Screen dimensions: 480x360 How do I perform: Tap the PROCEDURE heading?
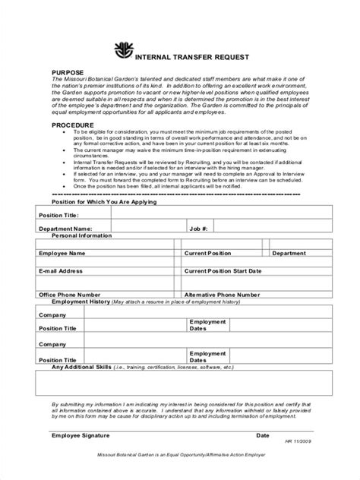tap(72, 125)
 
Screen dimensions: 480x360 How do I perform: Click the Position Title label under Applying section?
tap(58, 215)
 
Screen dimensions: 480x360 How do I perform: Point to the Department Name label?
tap(65, 228)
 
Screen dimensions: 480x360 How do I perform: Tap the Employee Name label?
tap(65, 253)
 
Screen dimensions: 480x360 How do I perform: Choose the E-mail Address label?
tap(61, 270)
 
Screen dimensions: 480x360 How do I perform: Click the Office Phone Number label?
tap(70, 294)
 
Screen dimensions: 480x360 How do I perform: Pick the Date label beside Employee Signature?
tap(263, 436)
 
